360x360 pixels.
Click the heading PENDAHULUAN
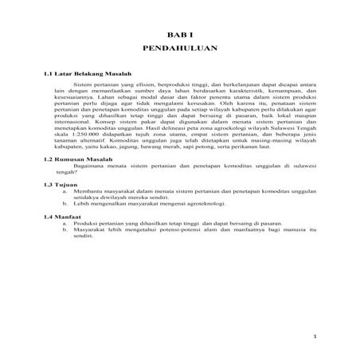pyautogui.click(x=180, y=49)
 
